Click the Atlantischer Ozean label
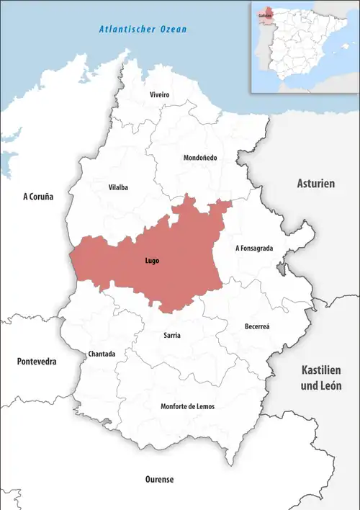[x=142, y=30]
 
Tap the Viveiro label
[x=159, y=95]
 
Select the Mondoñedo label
[x=201, y=158]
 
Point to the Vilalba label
[x=118, y=187]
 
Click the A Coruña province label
[x=38, y=196]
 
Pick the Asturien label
[x=316, y=184]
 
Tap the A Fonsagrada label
[x=254, y=248]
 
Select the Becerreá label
[x=257, y=326]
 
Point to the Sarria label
[x=172, y=336]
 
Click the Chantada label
[x=101, y=354]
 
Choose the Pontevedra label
[x=37, y=362]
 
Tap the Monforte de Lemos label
[x=187, y=406]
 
